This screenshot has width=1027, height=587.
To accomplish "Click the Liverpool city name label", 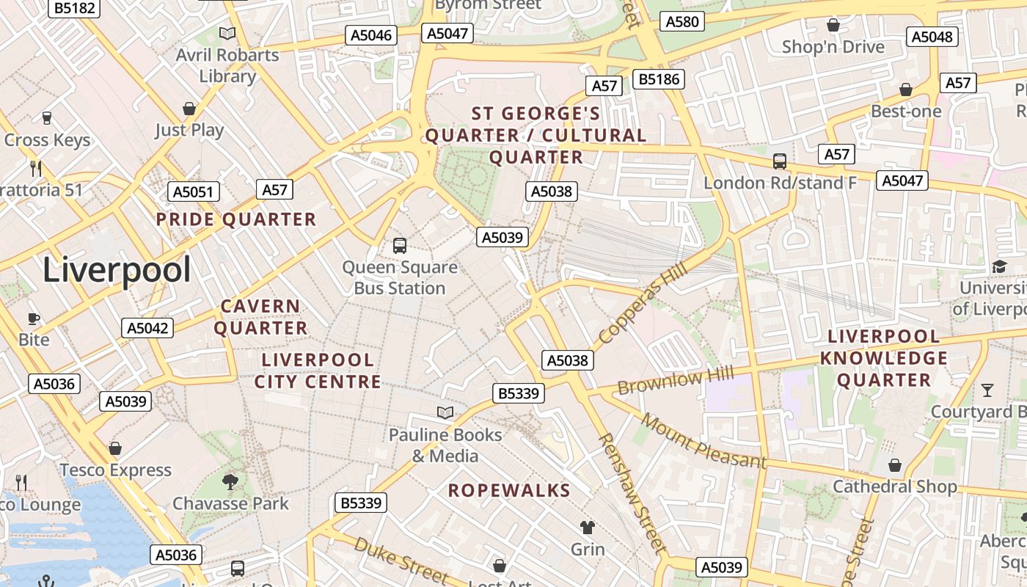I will tap(117, 270).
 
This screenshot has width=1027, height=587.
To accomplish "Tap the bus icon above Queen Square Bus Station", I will tap(400, 245).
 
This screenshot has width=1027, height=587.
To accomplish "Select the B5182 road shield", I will tap(74, 8).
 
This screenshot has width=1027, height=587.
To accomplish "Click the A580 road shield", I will tap(682, 21).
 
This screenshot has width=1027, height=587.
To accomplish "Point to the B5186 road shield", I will tap(659, 79).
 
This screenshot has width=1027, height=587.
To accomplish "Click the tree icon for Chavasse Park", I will tap(230, 481).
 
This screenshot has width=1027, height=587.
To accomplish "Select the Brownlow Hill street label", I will tap(675, 382).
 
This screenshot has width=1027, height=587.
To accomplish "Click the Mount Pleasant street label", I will tap(703, 441).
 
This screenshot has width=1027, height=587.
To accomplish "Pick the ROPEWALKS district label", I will tap(509, 491).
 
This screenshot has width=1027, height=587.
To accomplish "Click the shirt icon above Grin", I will tap(588, 527).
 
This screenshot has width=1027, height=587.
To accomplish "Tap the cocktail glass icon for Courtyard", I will tap(987, 390).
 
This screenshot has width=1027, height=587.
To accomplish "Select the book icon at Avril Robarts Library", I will tap(227, 33).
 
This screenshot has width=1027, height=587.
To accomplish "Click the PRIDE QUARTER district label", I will tap(235, 219).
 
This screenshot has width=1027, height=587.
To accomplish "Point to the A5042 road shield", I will tap(147, 328).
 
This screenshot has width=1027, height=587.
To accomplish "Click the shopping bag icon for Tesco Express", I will tap(115, 448).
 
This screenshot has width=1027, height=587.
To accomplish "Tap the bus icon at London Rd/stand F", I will tap(780, 161).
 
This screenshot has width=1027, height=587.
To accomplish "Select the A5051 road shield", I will tap(194, 192).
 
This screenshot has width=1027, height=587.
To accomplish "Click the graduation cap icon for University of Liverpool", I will tap(999, 266).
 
